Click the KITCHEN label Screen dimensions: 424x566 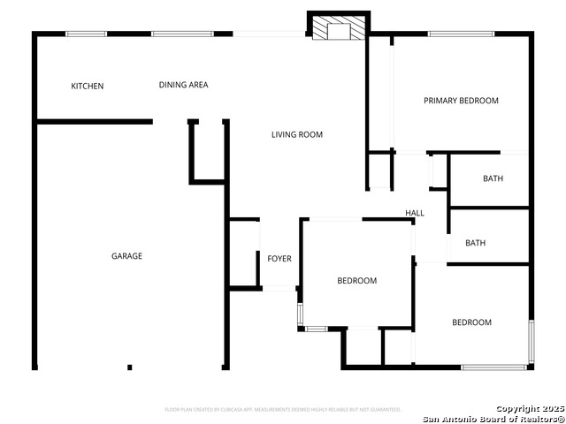88,86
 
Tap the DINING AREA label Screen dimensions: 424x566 183,85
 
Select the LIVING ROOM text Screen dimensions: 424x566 296,134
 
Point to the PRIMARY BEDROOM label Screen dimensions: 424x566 461,101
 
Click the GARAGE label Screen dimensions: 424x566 126,256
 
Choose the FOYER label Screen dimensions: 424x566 279,259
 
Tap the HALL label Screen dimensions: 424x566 415,213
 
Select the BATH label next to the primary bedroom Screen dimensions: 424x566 493,178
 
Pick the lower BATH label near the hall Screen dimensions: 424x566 476,243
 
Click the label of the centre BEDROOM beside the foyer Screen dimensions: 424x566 356,281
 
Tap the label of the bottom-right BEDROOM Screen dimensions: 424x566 471,322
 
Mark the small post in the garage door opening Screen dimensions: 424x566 129,367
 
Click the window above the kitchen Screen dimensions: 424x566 86,34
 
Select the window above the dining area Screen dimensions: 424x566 181,34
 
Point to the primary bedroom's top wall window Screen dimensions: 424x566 461,34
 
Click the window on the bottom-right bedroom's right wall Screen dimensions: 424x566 531,341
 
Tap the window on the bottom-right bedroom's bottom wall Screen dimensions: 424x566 493,367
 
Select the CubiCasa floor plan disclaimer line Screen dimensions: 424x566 283,410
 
